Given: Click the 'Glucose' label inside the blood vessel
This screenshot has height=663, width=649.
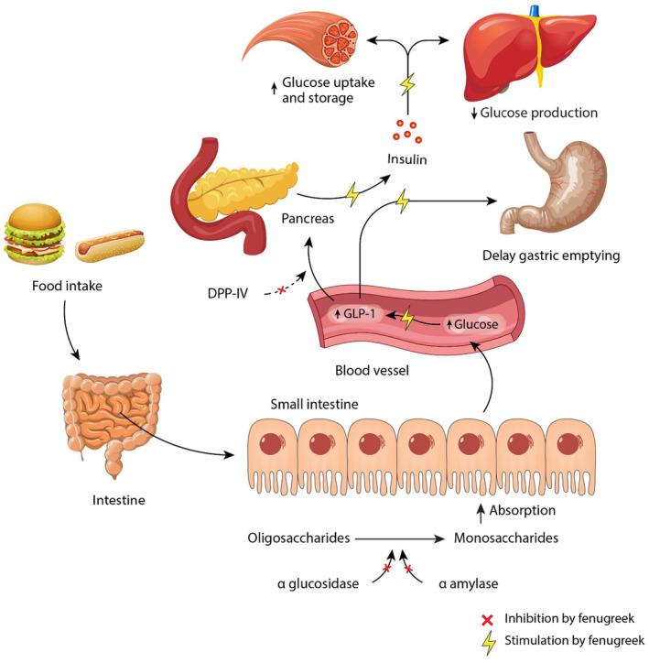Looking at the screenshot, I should (x=473, y=324).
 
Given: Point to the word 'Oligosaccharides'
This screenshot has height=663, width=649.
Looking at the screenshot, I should (x=298, y=538).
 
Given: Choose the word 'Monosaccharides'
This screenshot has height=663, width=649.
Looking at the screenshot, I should (x=505, y=538).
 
